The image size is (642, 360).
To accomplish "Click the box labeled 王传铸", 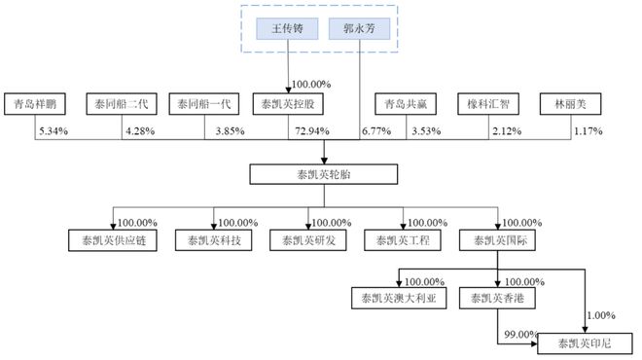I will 287,30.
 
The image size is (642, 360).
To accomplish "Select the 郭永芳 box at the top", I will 359,30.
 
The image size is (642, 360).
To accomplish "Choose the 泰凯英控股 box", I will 287,101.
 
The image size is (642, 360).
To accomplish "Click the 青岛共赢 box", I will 402,101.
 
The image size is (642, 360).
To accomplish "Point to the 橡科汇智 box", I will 488,101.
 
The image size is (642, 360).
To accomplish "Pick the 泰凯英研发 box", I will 306,238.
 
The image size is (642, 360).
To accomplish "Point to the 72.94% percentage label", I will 308,129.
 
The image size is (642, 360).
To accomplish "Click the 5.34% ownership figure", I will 53,129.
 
